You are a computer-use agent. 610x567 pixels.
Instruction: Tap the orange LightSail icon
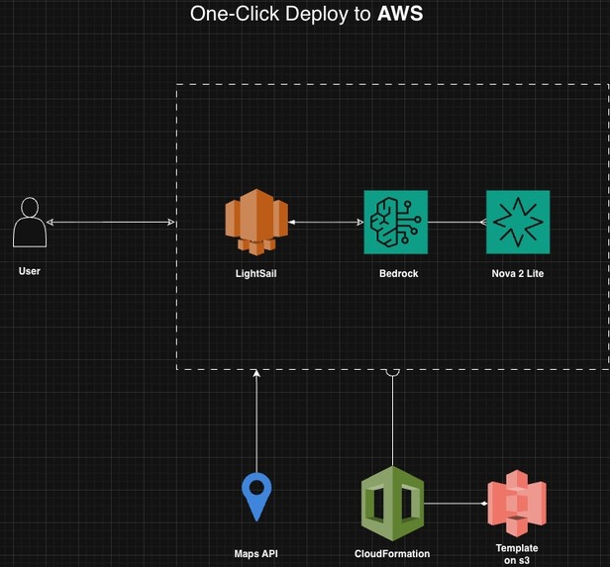click(256, 222)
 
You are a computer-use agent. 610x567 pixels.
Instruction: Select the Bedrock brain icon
click(396, 222)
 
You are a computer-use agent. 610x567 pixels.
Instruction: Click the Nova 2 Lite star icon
click(518, 222)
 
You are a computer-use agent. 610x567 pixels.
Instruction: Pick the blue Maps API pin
click(256, 497)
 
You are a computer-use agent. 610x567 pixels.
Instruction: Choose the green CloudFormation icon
click(392, 504)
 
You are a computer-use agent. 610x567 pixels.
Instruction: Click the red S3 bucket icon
click(517, 504)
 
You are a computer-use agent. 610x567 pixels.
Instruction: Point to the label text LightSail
click(255, 273)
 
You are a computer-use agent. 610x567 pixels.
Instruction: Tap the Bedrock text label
click(399, 273)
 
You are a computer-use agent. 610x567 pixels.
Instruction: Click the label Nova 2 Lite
click(518, 273)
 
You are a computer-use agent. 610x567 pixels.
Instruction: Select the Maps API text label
click(255, 554)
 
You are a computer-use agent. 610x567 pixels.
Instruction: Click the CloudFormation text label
click(392, 554)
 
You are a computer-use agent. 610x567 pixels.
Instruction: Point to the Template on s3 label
click(517, 554)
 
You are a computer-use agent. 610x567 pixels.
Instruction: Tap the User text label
click(30, 271)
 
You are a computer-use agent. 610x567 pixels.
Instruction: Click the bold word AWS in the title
click(400, 14)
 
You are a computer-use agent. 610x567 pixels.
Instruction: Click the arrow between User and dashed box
click(111, 223)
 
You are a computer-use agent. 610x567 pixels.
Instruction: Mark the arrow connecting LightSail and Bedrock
click(326, 223)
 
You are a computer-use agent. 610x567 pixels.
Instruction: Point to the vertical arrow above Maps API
click(256, 421)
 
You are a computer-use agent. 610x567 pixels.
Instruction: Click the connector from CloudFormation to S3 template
click(456, 504)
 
